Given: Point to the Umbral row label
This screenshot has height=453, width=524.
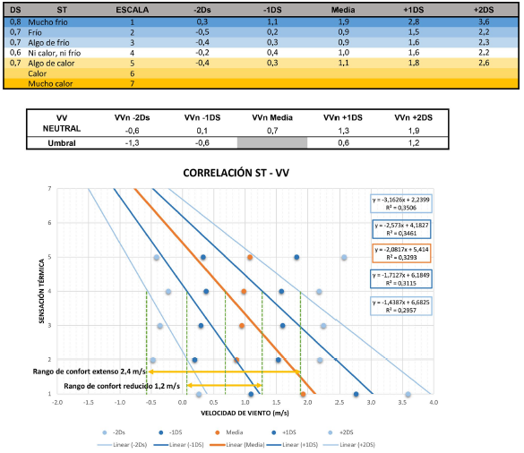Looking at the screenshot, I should (61, 141).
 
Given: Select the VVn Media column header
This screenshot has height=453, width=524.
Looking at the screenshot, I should (272, 117).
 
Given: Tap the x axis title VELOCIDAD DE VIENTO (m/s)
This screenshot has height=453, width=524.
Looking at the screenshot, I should (244, 414).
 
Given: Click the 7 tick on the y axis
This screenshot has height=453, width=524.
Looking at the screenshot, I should (50, 189).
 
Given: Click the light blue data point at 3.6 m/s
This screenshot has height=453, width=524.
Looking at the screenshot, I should (408, 394).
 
